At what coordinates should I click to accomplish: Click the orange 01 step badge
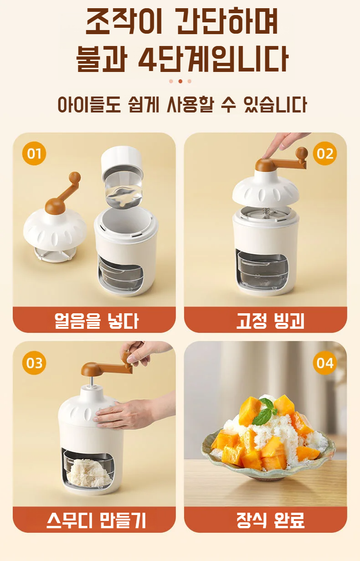coord(34,153)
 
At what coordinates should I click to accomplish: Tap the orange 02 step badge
coord(325,153)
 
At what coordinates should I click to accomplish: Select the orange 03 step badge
coord(34,363)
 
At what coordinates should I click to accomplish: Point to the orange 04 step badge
coord(325,363)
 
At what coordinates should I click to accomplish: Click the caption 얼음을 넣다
coord(96,321)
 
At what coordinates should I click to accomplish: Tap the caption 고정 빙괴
coord(270,321)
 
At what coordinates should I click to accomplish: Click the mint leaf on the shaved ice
coord(266,415)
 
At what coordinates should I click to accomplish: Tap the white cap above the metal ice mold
coord(122,161)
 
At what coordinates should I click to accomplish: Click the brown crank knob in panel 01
coord(75,177)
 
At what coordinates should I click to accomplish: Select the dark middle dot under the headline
coord(180,82)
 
